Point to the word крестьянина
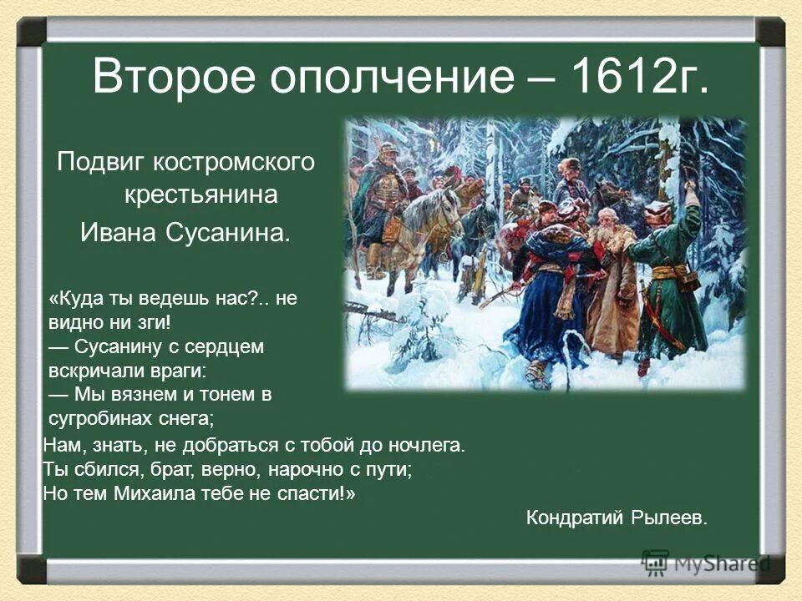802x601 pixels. (x=200, y=196)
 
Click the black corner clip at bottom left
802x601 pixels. (x=32, y=569)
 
